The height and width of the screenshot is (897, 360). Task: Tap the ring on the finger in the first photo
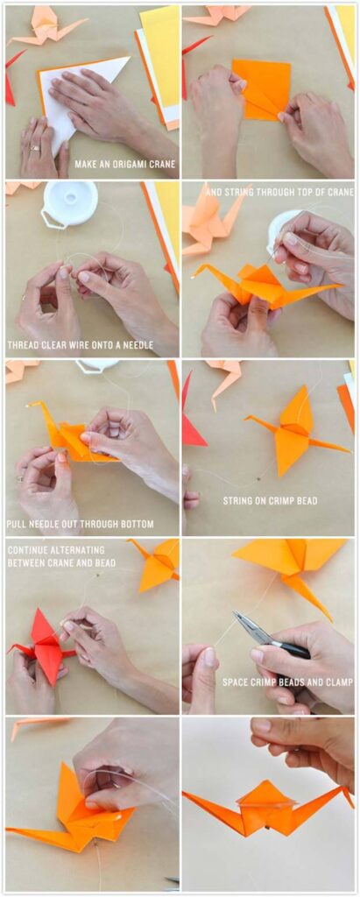click(x=36, y=148)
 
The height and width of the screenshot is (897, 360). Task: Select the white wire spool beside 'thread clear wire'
click(x=70, y=203)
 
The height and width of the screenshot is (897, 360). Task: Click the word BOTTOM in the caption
click(x=132, y=524)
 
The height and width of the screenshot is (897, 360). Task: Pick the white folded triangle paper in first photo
click(x=79, y=96)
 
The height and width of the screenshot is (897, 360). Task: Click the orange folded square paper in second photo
click(x=260, y=88)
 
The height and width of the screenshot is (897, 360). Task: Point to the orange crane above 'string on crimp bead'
click(x=293, y=429)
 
